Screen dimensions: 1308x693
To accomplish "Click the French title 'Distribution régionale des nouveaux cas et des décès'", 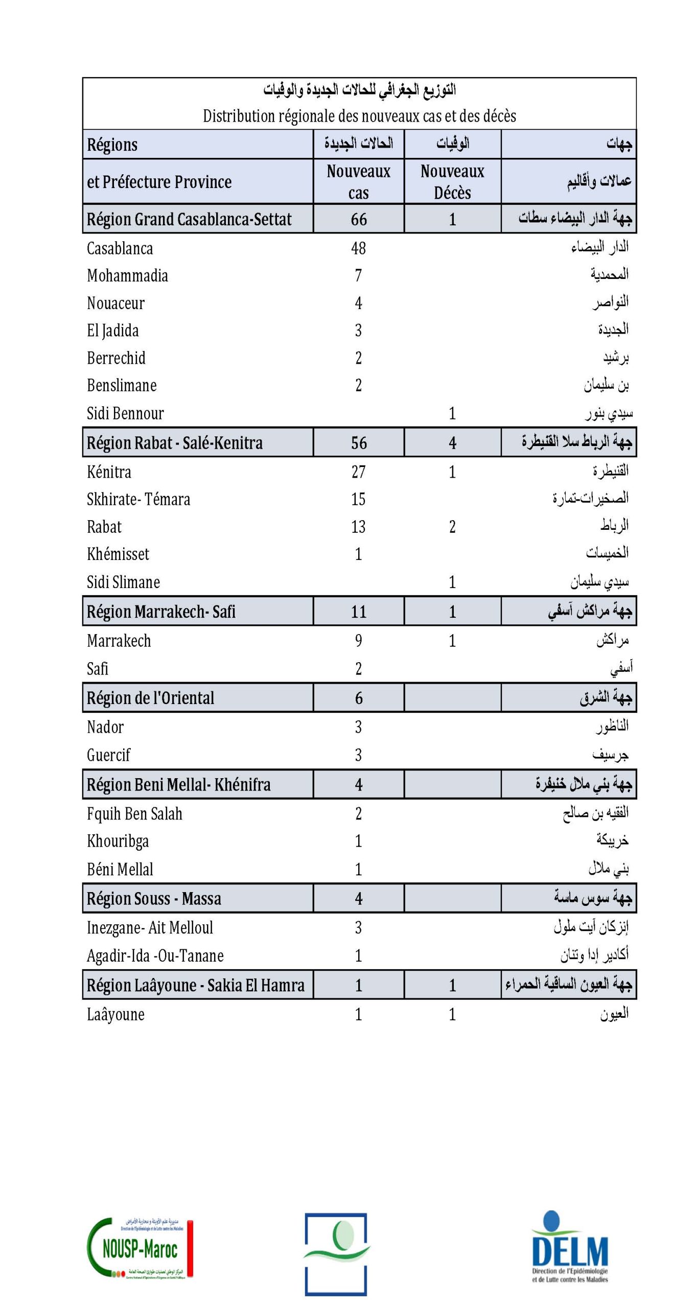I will [x=359, y=116].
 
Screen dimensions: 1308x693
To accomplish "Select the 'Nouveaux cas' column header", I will [x=358, y=181].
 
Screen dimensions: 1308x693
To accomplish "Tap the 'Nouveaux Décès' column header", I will [x=452, y=181].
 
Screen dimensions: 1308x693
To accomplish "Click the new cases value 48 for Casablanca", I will [x=358, y=248].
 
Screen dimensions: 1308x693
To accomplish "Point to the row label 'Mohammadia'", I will [x=127, y=276].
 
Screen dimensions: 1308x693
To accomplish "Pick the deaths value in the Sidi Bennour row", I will [x=452, y=413].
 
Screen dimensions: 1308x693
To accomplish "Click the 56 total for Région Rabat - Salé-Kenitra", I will [x=359, y=442].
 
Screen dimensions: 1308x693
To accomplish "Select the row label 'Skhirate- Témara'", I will [x=138, y=499].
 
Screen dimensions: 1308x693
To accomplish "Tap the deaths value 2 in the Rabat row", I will [x=452, y=527].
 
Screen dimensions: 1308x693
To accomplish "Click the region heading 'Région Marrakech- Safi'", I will [x=161, y=611].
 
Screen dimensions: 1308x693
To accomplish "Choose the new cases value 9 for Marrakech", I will [x=358, y=640].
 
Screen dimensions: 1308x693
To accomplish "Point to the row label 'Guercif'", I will [x=108, y=755].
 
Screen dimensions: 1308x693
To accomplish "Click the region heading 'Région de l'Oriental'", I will [x=150, y=697].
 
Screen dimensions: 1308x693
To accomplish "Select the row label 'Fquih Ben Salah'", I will [x=134, y=813].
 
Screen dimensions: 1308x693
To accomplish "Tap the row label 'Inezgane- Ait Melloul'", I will [x=150, y=927].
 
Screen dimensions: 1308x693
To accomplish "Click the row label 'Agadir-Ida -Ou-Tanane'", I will [x=155, y=955].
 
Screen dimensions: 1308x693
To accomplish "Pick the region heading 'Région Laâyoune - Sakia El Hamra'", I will [x=195, y=985].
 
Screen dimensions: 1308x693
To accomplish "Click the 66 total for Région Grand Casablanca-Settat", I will [x=359, y=219].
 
